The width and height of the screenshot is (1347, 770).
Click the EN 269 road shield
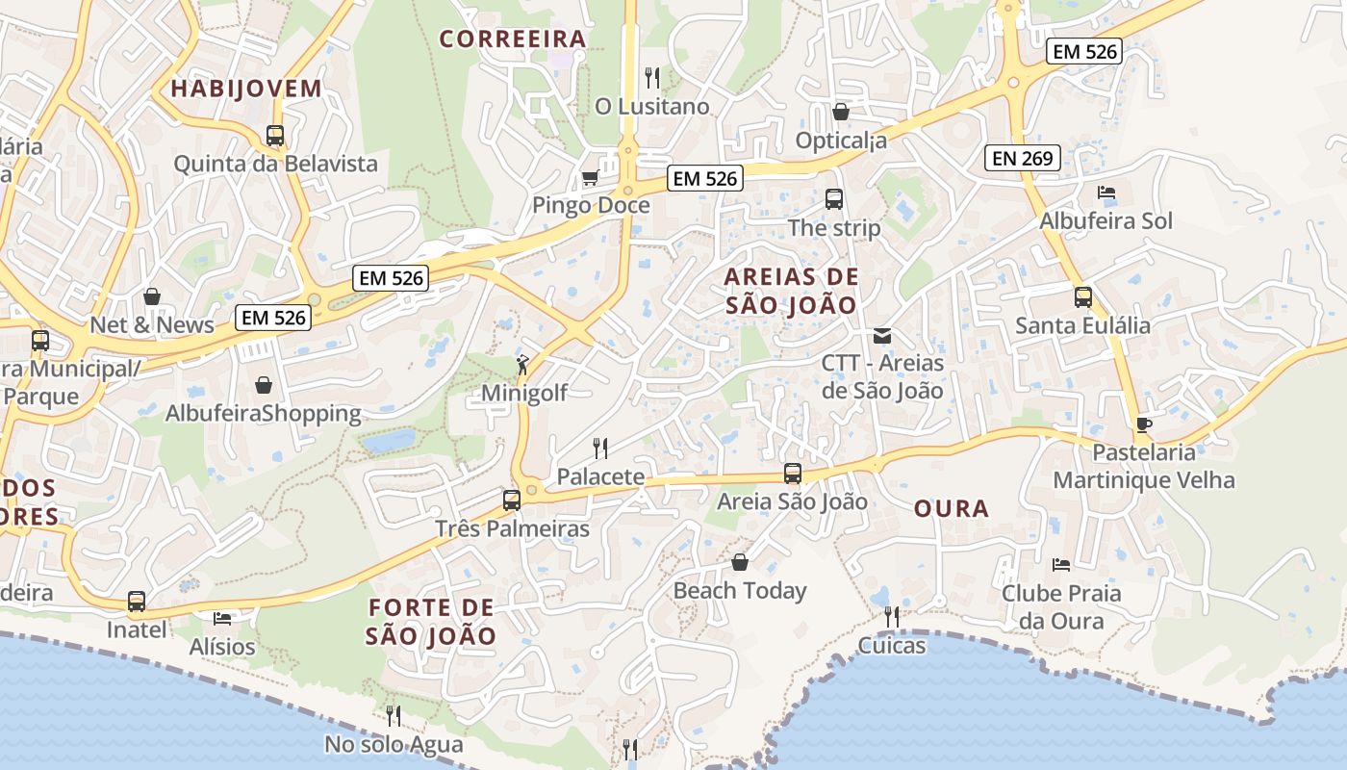[x=1022, y=158]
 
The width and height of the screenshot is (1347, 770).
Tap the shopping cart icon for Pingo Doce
[x=590, y=178]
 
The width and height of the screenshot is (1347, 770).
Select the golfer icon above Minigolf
[x=522, y=365]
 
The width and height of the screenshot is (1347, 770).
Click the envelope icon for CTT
[x=881, y=336]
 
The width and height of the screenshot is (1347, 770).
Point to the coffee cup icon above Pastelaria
[x=1143, y=424]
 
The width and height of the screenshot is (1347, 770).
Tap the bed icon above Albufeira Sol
[x=1106, y=192]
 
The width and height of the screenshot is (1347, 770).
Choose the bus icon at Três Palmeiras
[x=512, y=500]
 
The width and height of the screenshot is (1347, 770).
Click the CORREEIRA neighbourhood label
[x=513, y=38]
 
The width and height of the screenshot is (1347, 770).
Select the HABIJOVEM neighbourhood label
[x=246, y=89]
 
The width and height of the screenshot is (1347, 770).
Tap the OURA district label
[x=951, y=508]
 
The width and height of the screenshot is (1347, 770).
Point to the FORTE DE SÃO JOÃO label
[x=431, y=622]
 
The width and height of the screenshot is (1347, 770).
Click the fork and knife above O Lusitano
[x=652, y=77]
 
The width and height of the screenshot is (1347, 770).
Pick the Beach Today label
[x=739, y=590]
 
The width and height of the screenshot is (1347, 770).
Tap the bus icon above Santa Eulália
[x=1083, y=297]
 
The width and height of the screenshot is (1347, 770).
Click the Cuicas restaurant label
[x=892, y=645]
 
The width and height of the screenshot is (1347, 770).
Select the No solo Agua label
[x=394, y=744]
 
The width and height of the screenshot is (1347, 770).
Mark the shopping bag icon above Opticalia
[x=841, y=112]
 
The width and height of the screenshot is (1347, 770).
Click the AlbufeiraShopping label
[x=264, y=413]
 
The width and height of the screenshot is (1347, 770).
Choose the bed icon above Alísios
[x=222, y=617]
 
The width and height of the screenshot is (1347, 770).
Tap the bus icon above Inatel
[x=137, y=602]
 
